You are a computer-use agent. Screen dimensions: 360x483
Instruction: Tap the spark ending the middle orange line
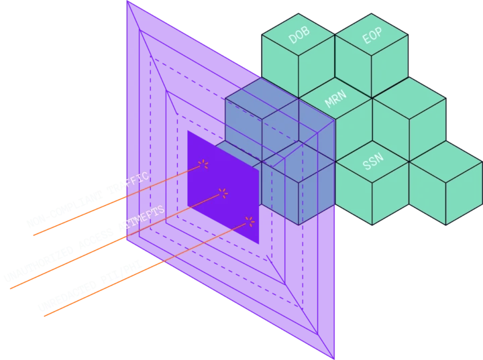[223, 193]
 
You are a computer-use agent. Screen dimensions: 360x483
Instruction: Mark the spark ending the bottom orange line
[250, 221]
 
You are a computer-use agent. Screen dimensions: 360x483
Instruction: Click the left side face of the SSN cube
[354, 194]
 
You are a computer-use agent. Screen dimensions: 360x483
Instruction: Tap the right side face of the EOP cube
[390, 67]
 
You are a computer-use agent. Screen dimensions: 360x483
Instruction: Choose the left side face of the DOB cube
[280, 67]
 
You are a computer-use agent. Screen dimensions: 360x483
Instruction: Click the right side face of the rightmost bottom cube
[464, 194]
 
